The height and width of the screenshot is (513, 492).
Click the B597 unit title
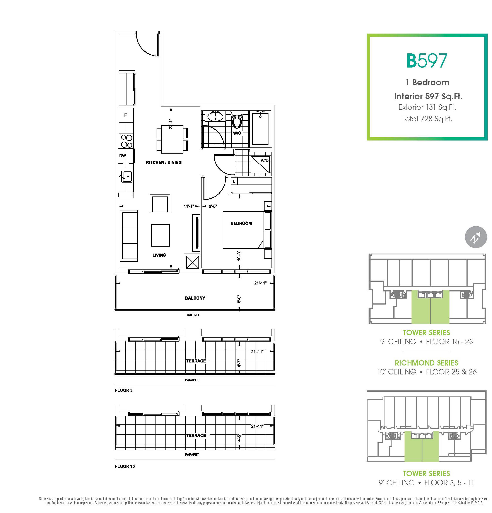point(427,61)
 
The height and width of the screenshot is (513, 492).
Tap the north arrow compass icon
point(476,237)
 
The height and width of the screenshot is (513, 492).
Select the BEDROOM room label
point(241,223)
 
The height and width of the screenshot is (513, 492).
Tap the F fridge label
point(125,115)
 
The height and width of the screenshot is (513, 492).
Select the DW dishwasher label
point(123,156)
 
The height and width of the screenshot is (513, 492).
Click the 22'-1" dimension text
point(171,124)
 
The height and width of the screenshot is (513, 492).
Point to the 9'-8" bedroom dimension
point(213,206)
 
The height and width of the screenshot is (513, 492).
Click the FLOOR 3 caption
point(124,390)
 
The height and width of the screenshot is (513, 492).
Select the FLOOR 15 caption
point(125,466)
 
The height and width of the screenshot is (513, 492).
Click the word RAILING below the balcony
point(193,315)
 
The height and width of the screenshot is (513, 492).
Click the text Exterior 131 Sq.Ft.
point(427,107)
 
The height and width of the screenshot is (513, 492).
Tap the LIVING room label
point(159,255)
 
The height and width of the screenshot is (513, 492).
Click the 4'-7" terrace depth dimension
point(239,363)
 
